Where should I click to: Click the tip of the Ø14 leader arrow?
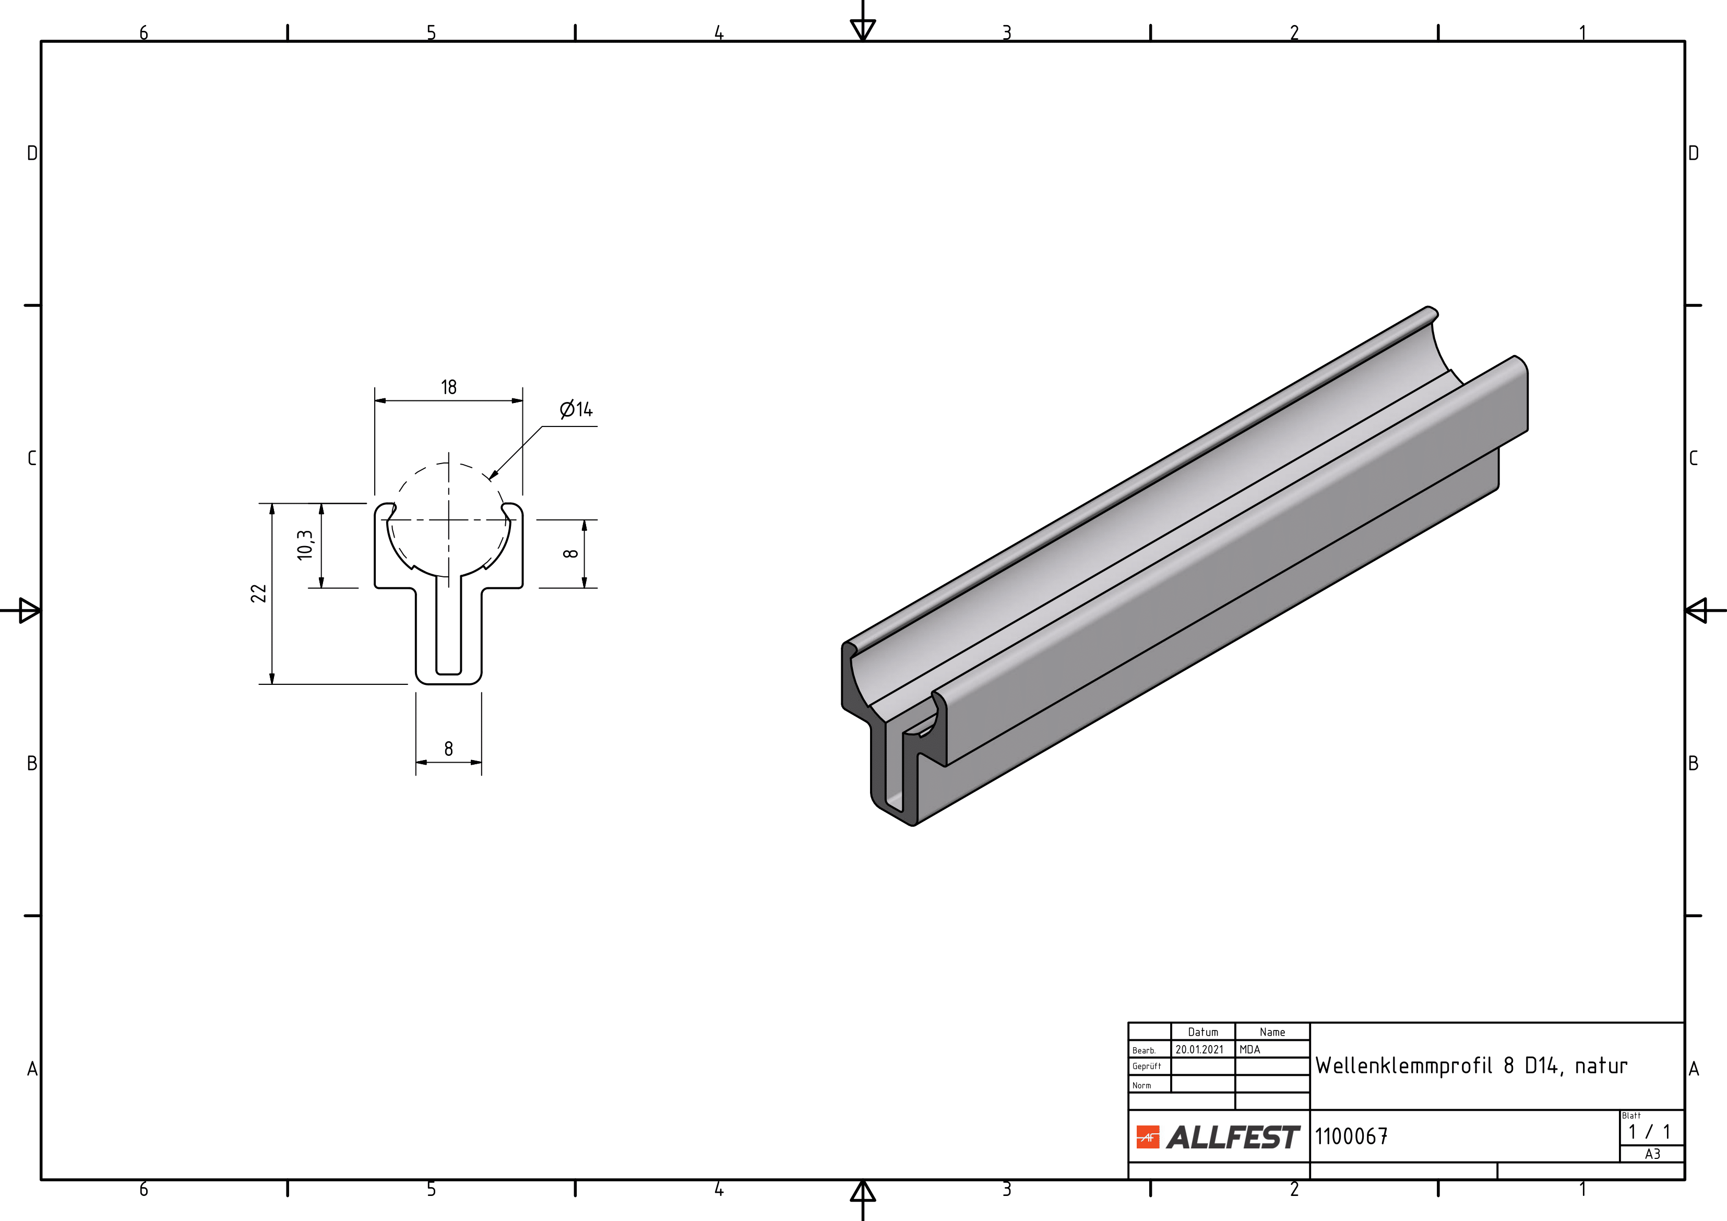[490, 479]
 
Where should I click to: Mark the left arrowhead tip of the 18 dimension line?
[375, 400]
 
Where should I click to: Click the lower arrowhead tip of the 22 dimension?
[272, 684]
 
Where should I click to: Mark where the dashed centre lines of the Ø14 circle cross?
[449, 519]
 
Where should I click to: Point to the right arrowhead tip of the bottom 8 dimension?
[481, 762]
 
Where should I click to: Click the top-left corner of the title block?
[1128, 1023]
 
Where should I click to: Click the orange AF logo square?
[1148, 1137]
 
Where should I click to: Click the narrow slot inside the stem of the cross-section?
[449, 626]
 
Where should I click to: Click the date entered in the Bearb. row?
[1200, 1049]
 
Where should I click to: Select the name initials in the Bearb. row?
[1249, 1049]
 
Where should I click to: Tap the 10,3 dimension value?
[305, 544]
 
